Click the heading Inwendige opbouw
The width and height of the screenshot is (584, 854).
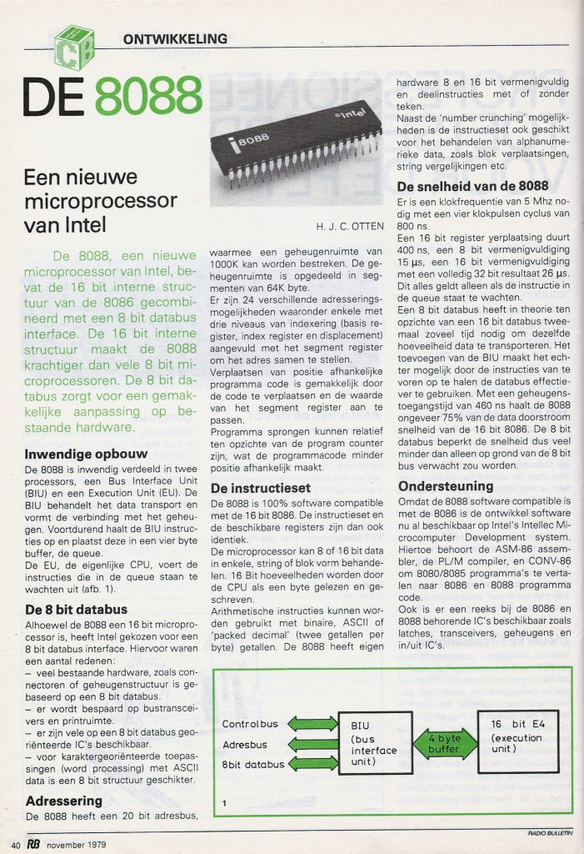click(81, 455)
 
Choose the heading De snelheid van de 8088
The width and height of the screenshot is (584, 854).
click(472, 185)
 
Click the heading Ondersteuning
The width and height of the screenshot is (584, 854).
click(445, 485)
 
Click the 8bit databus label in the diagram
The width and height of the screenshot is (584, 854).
click(254, 763)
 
